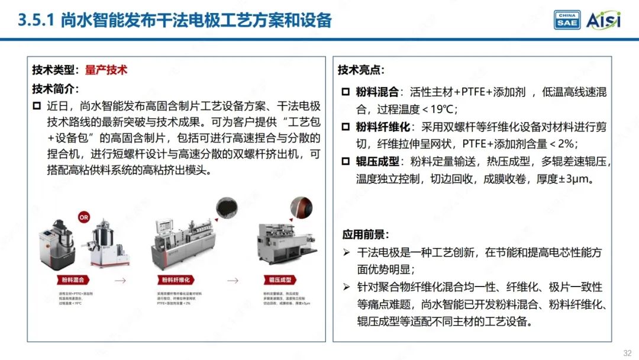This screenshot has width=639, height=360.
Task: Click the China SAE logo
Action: point(567,20)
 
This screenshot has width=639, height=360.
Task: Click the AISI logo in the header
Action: point(603,20)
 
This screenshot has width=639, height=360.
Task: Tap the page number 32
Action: point(627,353)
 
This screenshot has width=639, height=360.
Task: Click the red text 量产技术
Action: point(106,70)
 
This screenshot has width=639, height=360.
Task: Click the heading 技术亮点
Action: point(361,70)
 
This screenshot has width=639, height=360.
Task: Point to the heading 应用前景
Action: point(365,234)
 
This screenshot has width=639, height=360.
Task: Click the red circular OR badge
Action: point(83,217)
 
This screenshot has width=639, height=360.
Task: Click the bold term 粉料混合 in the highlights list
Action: point(377,92)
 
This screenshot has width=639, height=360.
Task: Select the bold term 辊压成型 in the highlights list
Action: point(377,162)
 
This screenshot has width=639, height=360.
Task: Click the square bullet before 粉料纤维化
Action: point(346,127)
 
